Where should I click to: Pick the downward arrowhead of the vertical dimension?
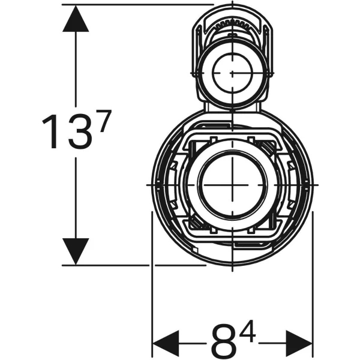(x=76, y=250)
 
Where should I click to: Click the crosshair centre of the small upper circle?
(x=232, y=73)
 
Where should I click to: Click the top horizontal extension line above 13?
(x=138, y=5)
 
